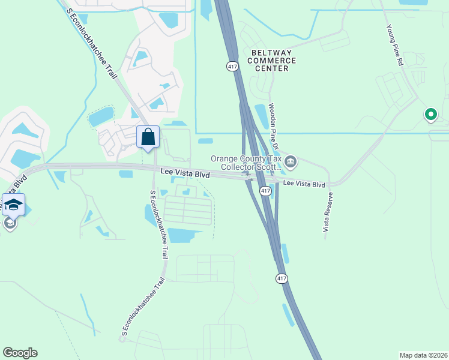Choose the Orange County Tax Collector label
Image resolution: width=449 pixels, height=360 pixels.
pos(246,163)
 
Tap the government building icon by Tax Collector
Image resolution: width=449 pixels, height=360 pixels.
pos(291,161)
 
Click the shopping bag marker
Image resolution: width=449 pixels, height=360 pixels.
pos(148,137)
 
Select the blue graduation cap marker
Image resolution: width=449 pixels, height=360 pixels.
pos(13,205)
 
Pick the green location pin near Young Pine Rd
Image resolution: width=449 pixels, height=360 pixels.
pos(430,113)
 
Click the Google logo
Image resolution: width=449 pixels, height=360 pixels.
pos(20,353)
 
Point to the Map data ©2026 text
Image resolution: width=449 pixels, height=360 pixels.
pos(423,355)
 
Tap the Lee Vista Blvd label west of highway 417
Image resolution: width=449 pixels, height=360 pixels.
pos(185,173)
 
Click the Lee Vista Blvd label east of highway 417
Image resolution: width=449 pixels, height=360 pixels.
pos(304,185)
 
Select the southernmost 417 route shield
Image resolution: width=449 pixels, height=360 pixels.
pos(282,278)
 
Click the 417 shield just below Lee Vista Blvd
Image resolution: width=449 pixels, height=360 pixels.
pos(265,190)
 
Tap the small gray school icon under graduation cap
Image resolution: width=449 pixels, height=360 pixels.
pos(9,224)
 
